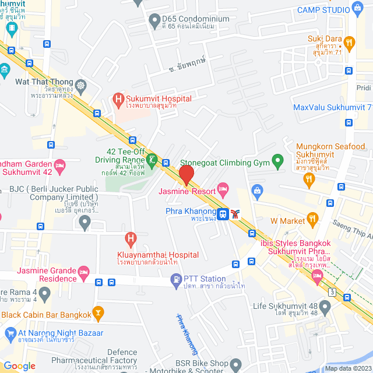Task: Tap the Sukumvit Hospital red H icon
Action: coord(118,100)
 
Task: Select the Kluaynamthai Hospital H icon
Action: coord(131,238)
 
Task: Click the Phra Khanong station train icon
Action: coord(223,214)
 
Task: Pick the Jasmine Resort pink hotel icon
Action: coord(223,188)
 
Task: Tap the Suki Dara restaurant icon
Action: coord(349,42)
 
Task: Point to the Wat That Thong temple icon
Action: coord(80,86)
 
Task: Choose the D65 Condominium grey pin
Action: coord(154,23)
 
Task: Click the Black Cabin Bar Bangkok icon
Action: coord(98,315)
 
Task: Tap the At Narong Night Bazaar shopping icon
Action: coord(9,333)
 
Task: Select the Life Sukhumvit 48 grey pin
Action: coord(325,307)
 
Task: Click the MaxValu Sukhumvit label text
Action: coord(332,107)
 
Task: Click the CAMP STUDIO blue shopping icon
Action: coord(357,9)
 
